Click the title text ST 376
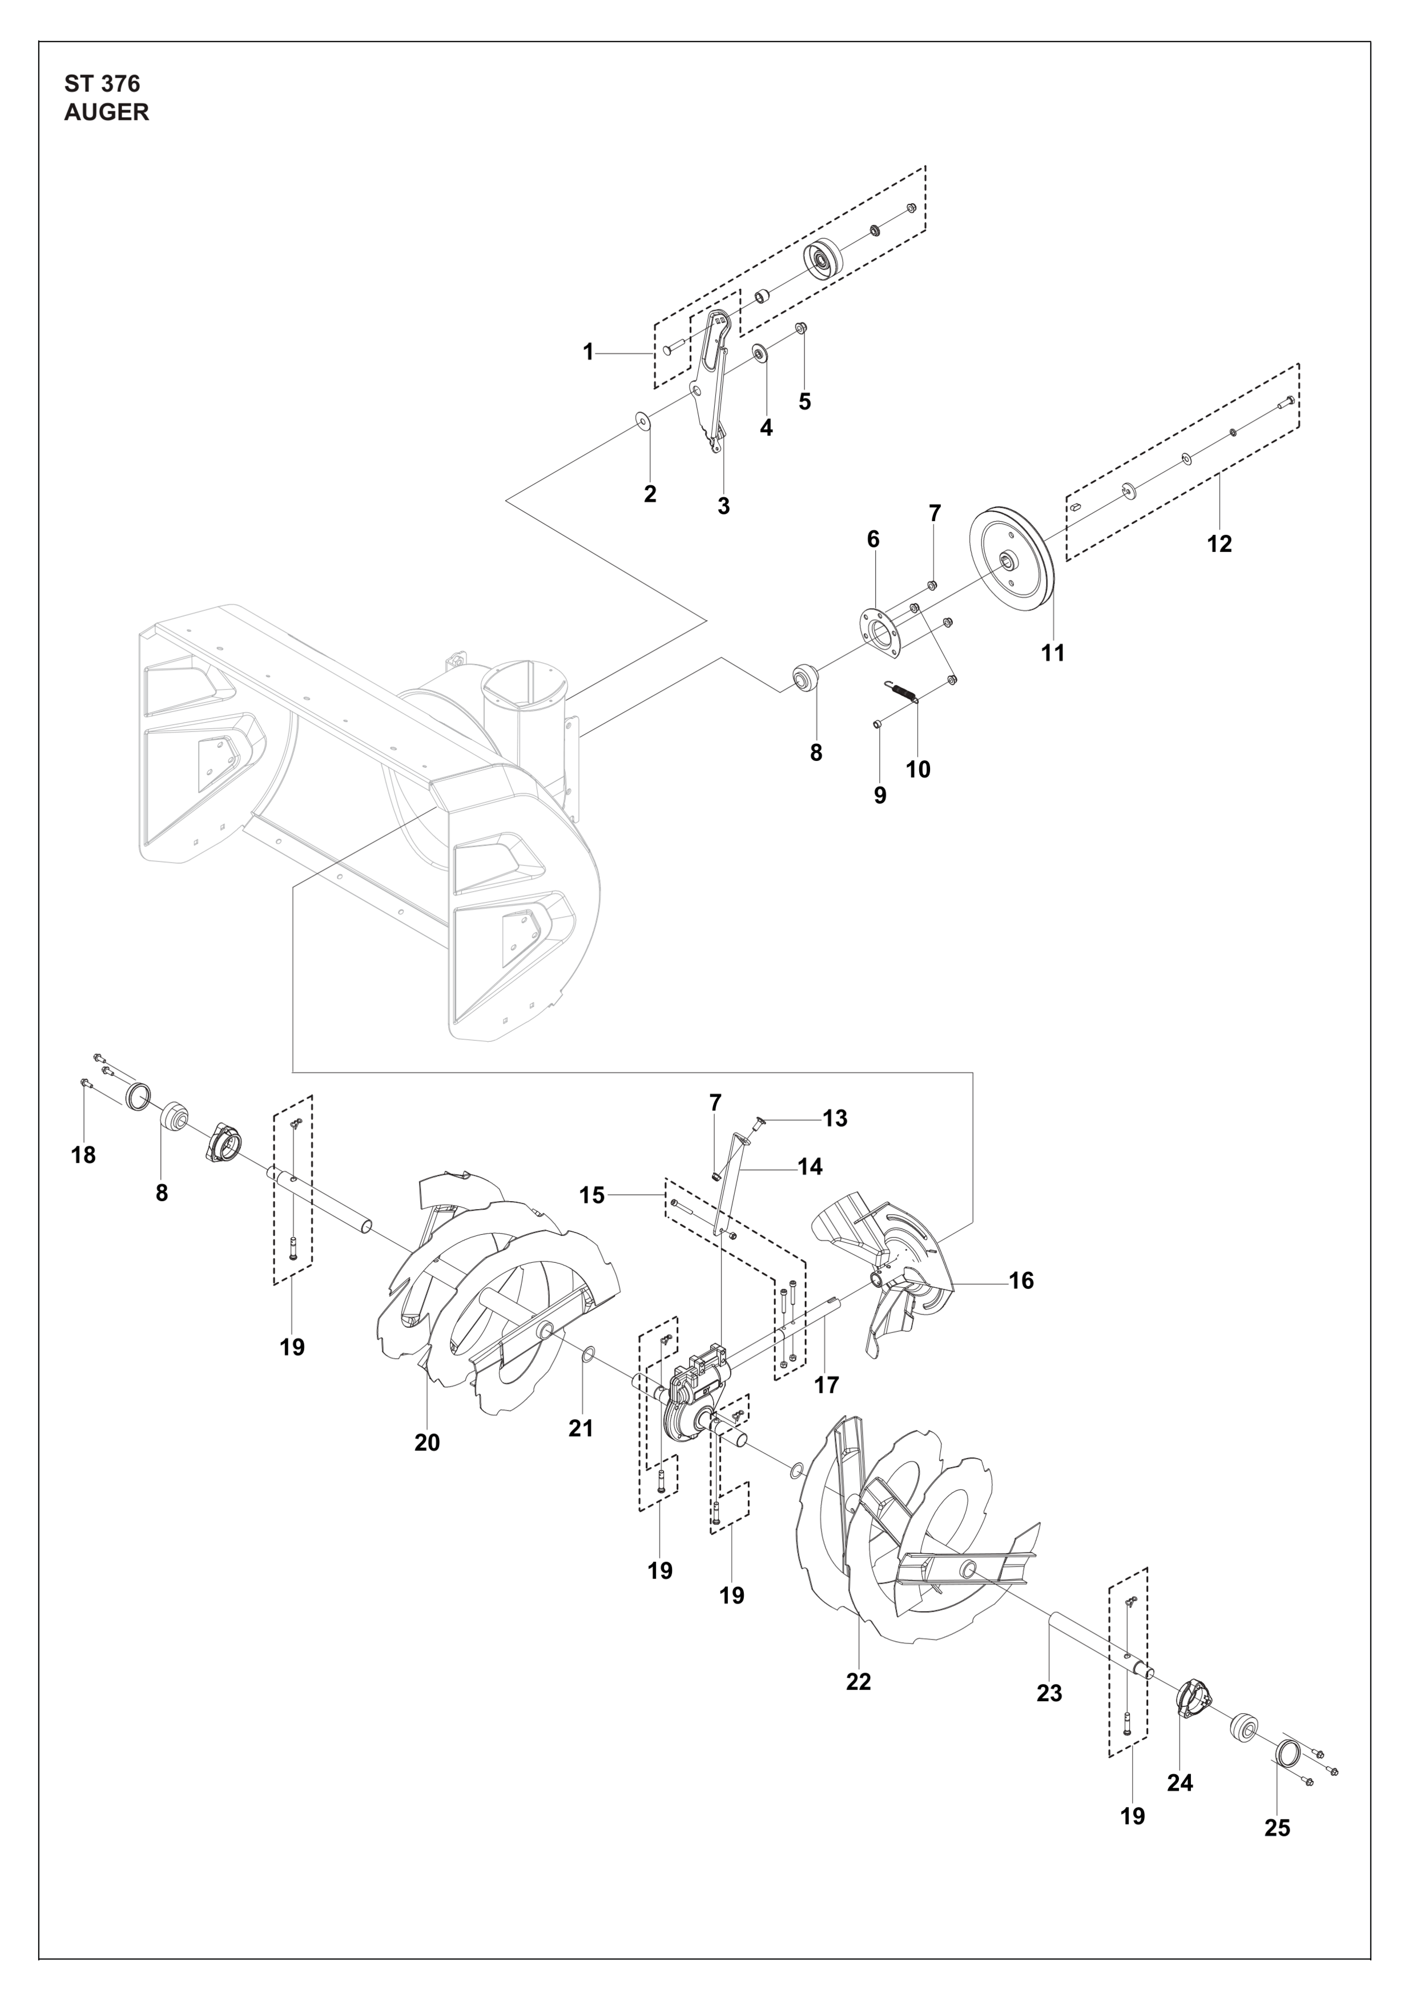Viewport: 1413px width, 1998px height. click(x=102, y=84)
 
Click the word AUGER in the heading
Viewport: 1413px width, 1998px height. click(x=106, y=112)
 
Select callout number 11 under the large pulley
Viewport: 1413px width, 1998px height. click(x=1053, y=652)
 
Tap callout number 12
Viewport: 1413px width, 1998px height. click(x=1220, y=544)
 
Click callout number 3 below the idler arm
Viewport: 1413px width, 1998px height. click(x=724, y=506)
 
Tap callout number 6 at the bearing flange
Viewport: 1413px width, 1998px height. click(x=873, y=539)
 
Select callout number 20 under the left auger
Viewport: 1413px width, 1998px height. click(x=427, y=1443)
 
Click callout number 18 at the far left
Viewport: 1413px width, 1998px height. click(x=83, y=1155)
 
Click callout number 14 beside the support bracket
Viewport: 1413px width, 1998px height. click(x=810, y=1166)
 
